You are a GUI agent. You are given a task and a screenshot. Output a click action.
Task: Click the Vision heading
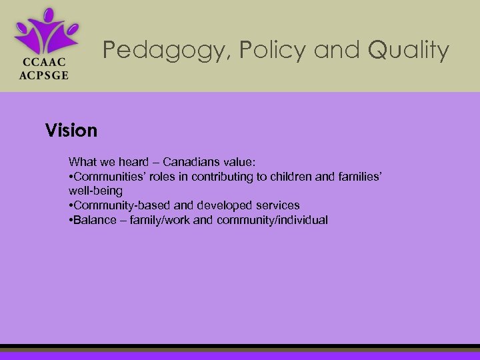click(x=71, y=131)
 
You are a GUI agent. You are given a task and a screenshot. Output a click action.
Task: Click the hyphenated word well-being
click(x=95, y=191)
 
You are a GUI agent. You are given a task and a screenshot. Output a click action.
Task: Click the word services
click(x=277, y=205)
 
